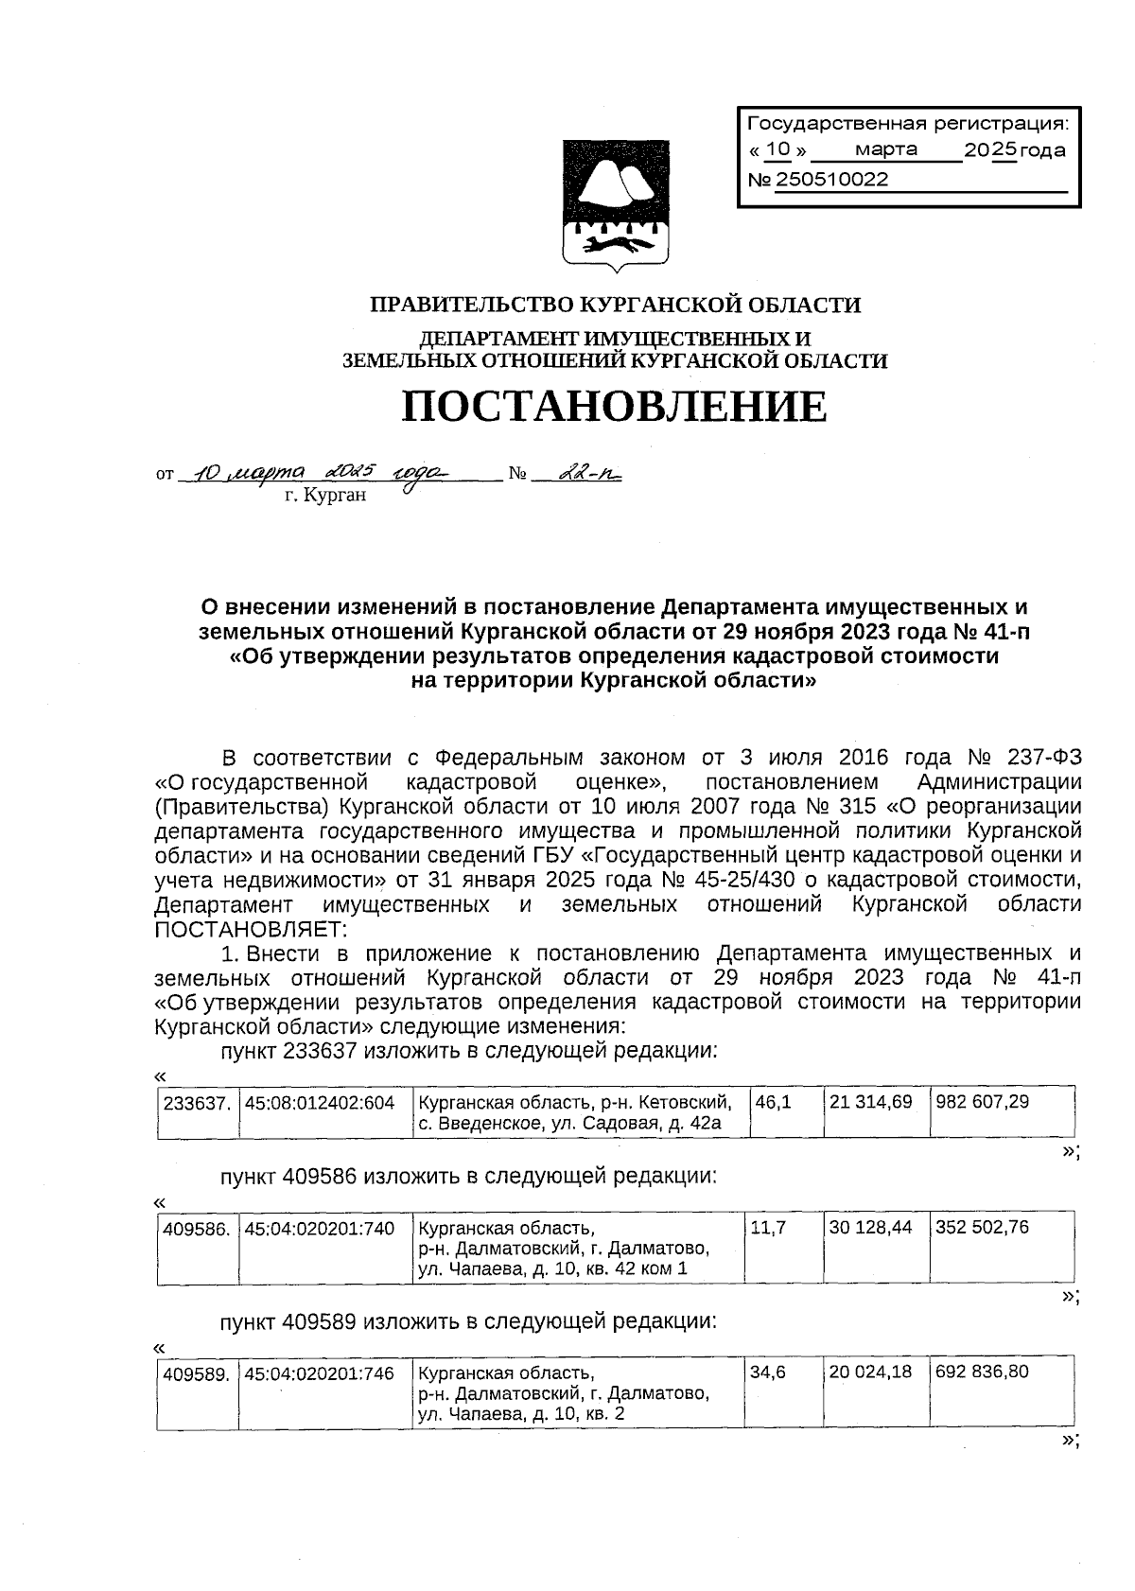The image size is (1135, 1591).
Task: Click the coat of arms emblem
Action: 615,202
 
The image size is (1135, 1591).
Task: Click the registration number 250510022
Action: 832,180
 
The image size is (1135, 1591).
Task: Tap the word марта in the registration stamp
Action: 885,149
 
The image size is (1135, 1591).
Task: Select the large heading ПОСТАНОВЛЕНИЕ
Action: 614,407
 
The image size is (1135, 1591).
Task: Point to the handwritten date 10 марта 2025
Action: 317,472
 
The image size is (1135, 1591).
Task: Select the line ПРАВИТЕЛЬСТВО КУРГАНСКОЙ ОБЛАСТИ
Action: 614,305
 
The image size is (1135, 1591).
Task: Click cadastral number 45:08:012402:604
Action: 319,1102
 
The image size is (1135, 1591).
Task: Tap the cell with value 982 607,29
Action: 982,1102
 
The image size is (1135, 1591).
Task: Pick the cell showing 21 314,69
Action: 870,1102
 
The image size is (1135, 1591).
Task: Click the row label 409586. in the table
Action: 197,1228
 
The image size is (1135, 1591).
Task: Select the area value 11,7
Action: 765,1228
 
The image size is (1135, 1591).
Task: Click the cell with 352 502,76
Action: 982,1228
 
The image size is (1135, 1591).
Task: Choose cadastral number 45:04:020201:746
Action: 319,1372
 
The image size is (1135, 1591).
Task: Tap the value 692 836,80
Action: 982,1372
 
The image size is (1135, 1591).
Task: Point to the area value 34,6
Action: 768,1372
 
